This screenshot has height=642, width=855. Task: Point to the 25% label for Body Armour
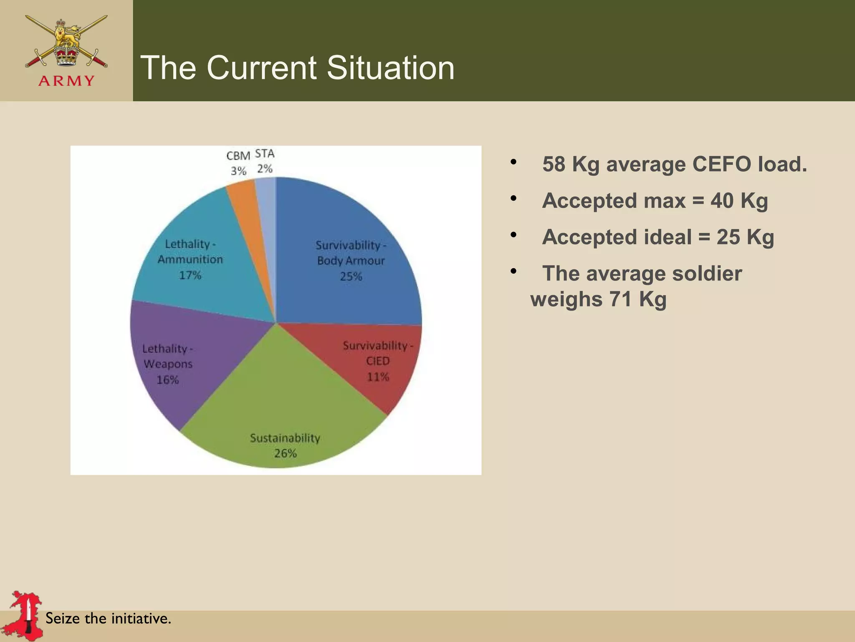point(351,276)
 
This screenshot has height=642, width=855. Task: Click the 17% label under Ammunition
point(190,275)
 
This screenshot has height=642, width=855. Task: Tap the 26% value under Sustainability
point(285,453)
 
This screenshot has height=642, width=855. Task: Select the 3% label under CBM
point(238,171)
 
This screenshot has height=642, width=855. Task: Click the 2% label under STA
point(265,168)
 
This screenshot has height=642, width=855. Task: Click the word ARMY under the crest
point(66,81)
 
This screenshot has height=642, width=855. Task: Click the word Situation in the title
point(390,68)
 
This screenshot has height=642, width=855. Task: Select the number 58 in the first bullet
point(554,164)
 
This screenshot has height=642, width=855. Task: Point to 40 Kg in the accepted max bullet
point(739,201)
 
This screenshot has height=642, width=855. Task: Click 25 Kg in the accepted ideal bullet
point(745,237)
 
